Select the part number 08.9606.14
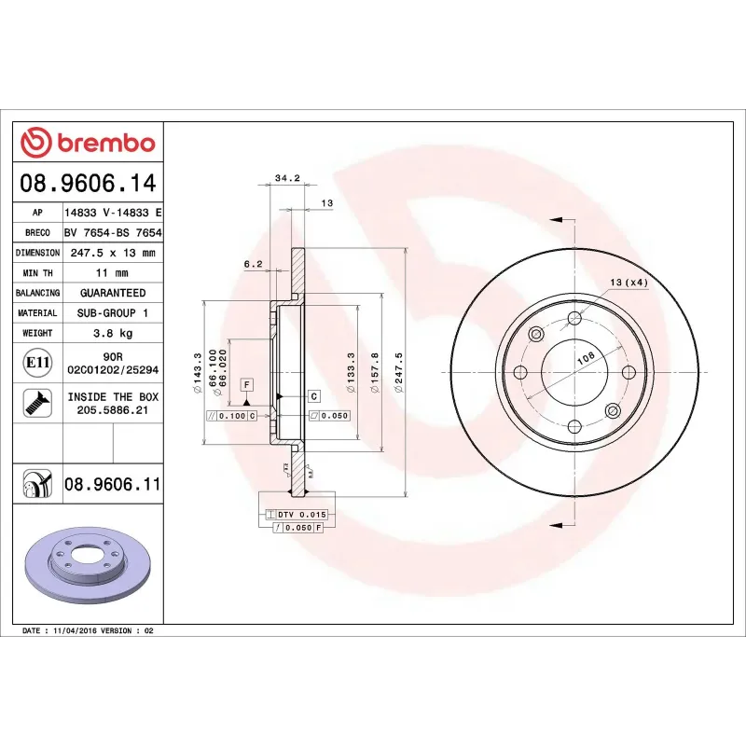click(87, 183)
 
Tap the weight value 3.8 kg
click(111, 333)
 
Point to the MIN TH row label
click(37, 273)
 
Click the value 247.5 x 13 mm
click(111, 253)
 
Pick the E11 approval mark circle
click(37, 362)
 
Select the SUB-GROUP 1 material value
click(111, 313)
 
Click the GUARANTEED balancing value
click(111, 293)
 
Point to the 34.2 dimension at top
click(287, 179)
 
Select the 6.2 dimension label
click(253, 264)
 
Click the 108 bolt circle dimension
click(587, 356)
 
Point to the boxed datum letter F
click(246, 384)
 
